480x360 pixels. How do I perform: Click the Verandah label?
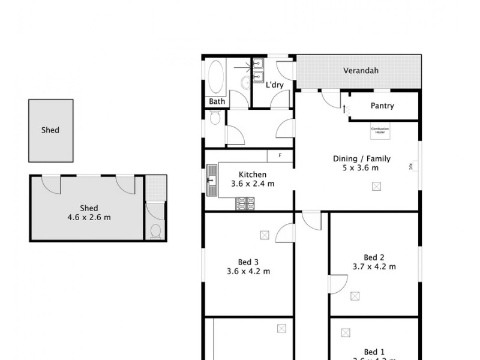coord(361,71)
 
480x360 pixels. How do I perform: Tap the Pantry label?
coord(382,106)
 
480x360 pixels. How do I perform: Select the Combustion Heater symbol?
coord(380,131)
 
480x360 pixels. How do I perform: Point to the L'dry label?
coord(274,85)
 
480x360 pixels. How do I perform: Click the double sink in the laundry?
coord(258,70)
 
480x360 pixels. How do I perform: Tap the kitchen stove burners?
coord(244,204)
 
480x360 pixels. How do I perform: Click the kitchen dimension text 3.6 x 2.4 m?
coord(253,184)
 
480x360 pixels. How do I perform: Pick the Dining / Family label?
coord(362,159)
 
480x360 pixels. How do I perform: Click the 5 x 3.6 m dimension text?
coord(361,168)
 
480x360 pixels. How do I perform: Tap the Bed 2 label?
coord(373,257)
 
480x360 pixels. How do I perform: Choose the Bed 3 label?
coord(248,262)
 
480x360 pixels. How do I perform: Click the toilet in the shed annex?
coord(155,232)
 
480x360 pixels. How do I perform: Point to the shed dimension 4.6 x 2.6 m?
coord(89,217)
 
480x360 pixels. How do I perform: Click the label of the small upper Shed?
coord(50,130)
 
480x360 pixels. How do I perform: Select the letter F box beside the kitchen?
coord(279,156)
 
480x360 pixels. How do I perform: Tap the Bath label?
coord(217,101)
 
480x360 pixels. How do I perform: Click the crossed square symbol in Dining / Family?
coord(376,187)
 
